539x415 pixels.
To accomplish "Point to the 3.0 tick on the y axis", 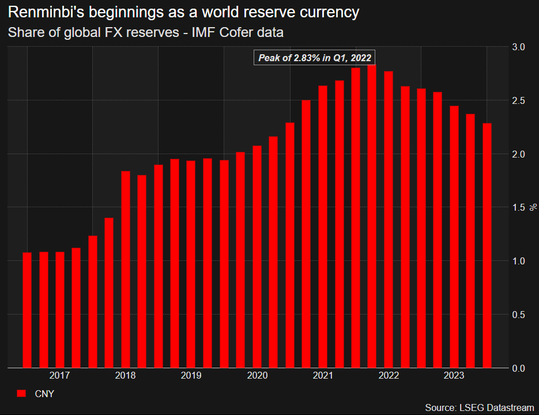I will pos(519,47).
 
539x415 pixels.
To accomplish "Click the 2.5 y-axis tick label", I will pos(519,100).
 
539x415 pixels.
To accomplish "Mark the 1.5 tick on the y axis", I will pos(519,208).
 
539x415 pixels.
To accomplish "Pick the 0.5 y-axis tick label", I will pos(519,315).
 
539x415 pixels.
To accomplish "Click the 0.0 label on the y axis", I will pos(519,368).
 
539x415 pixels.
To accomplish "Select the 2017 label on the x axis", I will pos(59,376).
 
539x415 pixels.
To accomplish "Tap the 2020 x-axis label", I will pos(257,376).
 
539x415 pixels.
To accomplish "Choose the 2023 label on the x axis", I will pos(454,376).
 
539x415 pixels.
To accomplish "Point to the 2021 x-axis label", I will pos(323,376).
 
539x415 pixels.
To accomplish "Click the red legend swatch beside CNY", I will pos(21,394).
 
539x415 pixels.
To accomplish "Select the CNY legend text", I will pos(44,394).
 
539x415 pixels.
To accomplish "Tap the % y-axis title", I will pos(533,207).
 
